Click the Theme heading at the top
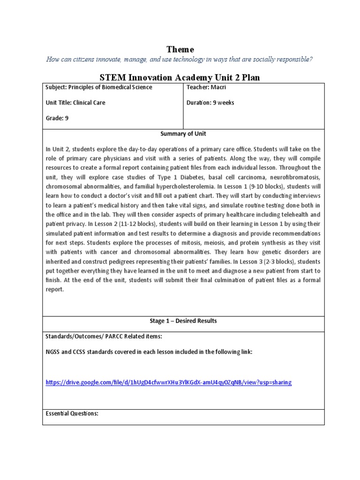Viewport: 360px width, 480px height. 180,49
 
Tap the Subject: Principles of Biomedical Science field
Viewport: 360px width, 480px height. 98,87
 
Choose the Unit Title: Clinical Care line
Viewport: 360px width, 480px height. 75,103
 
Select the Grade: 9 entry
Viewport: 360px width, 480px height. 57,118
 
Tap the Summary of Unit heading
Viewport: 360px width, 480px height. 183,134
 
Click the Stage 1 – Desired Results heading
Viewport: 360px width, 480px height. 183,321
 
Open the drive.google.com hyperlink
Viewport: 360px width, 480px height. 168,382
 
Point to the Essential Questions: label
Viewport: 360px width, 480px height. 72,413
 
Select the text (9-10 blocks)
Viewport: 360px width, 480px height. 260,187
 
